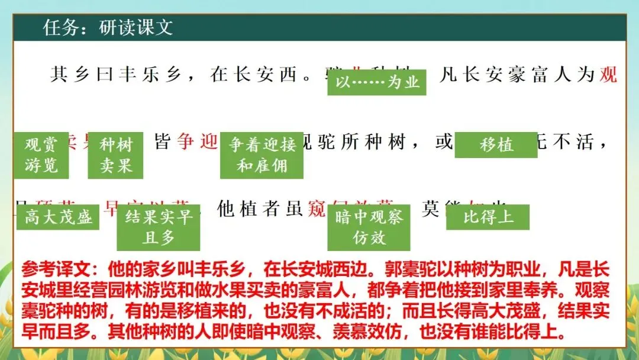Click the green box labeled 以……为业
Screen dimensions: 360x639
377,82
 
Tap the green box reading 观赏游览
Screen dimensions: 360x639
41,155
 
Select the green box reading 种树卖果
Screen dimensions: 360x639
115,155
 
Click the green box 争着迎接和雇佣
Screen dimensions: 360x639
262,155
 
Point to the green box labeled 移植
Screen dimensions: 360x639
496,144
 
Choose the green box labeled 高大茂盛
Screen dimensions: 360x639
58,217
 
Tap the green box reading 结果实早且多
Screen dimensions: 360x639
158,227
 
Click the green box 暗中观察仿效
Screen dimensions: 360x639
369,227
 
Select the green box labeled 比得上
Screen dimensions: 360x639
488,217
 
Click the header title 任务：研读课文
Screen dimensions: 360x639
108,28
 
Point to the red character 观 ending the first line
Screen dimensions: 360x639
608,75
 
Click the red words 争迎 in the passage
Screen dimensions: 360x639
198,143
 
